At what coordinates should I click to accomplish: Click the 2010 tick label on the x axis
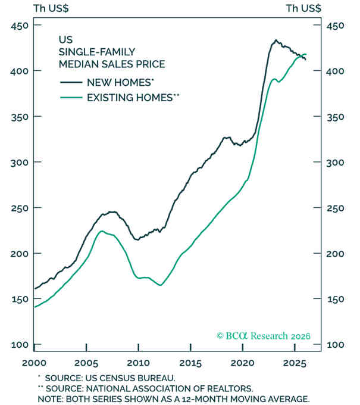click(x=138, y=363)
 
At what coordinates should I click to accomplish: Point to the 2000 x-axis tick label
click(x=34, y=363)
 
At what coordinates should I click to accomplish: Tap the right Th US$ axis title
click(x=303, y=8)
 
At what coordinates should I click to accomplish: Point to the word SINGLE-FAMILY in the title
click(x=93, y=51)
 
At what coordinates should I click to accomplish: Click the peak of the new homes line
click(x=276, y=40)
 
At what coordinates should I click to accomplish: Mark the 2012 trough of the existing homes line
click(x=160, y=285)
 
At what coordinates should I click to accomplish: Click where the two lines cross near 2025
click(x=298, y=56)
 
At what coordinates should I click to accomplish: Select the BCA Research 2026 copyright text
click(x=263, y=335)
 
